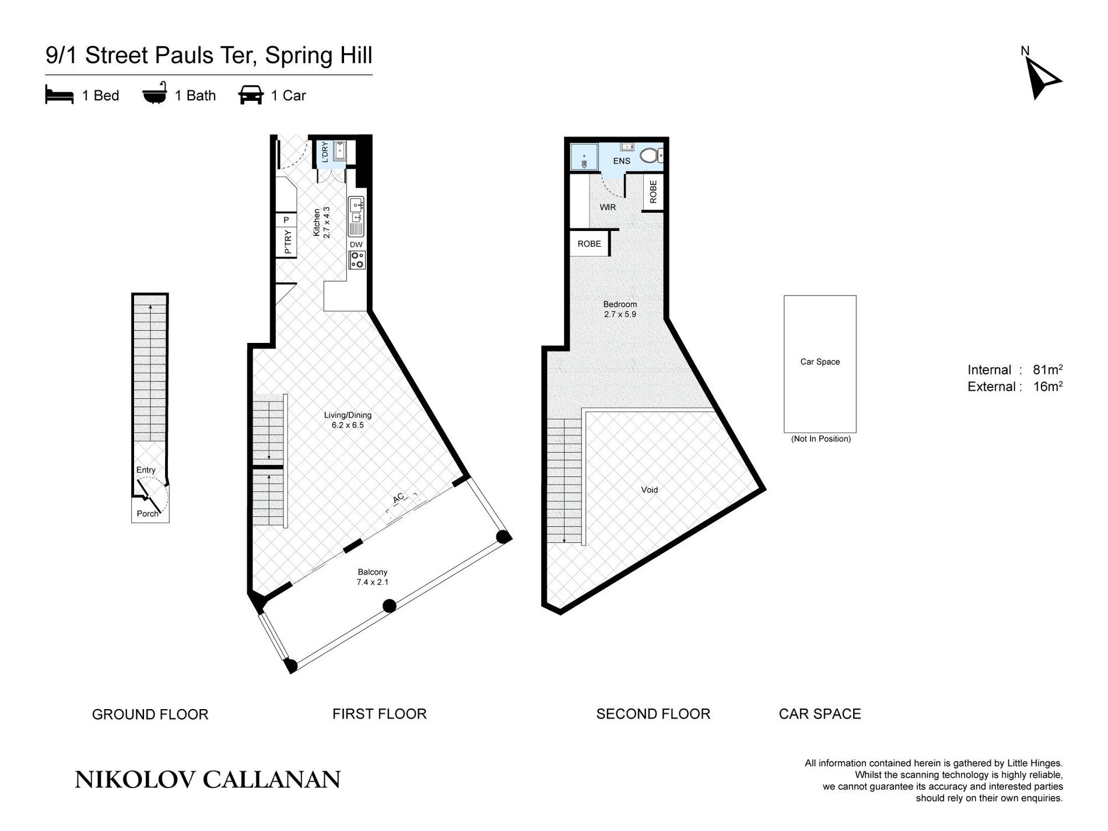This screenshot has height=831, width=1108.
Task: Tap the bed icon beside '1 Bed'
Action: (59, 95)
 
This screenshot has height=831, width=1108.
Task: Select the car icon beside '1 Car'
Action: (251, 95)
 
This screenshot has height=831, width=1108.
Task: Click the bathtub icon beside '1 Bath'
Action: (155, 94)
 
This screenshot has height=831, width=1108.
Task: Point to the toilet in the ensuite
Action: (651, 155)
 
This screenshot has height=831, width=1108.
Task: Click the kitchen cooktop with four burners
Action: (356, 260)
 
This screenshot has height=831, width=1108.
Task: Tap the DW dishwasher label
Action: (356, 244)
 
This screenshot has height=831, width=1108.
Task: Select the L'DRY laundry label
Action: (324, 152)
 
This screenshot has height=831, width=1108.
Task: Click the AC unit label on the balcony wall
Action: (398, 498)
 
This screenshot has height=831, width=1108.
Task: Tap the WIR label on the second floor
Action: (608, 207)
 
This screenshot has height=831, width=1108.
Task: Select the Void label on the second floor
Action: (649, 490)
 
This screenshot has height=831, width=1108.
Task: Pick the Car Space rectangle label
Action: (819, 362)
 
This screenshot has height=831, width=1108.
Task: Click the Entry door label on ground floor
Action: (146, 470)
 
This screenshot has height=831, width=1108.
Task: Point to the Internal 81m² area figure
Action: (1015, 370)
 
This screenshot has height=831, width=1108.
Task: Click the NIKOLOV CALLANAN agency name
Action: (208, 780)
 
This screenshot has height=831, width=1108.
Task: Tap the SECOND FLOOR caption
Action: (653, 714)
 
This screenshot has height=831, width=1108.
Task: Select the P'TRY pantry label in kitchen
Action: (287, 241)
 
